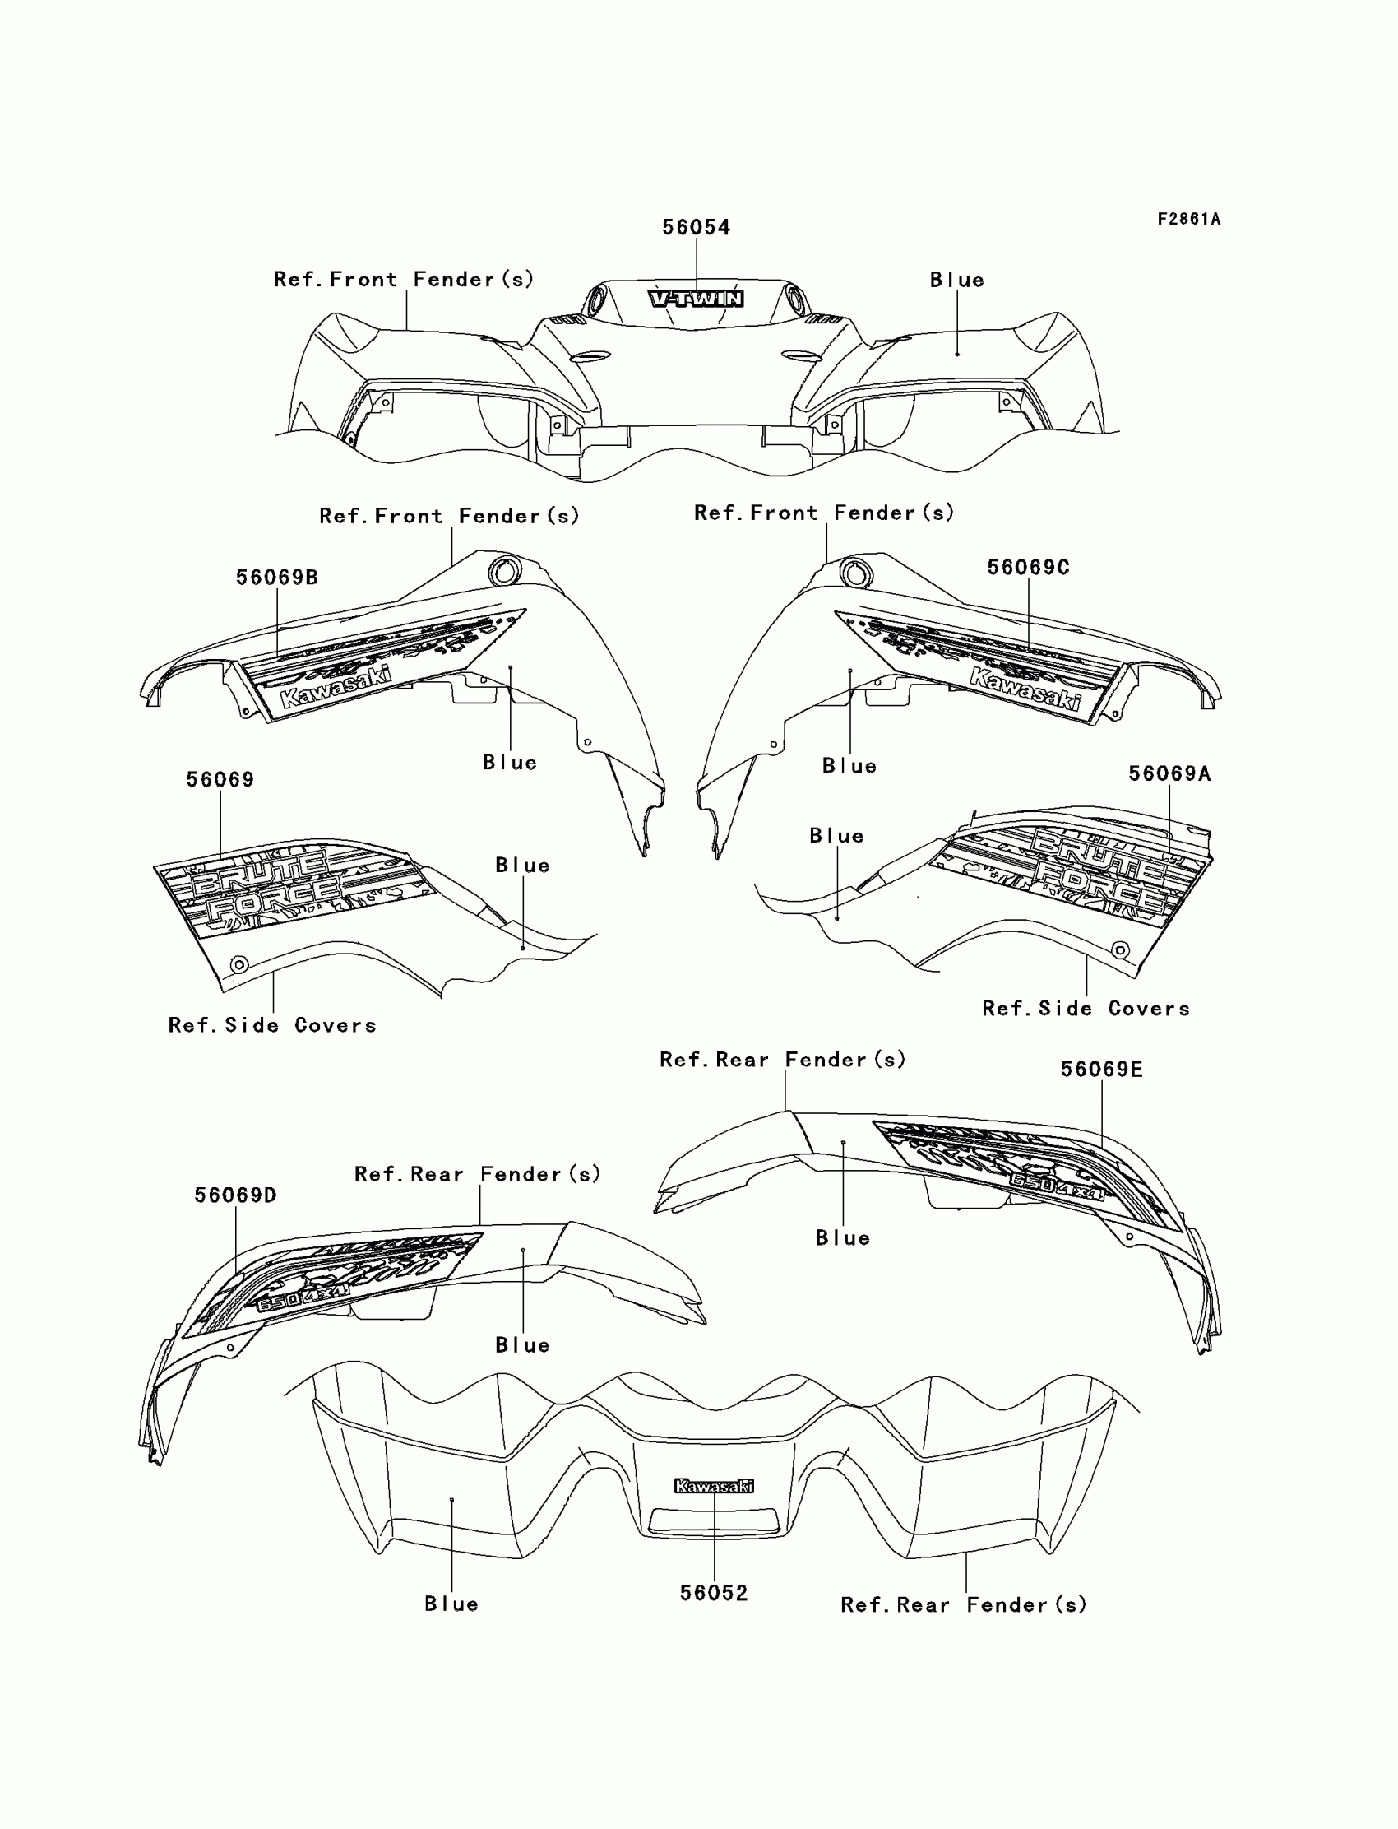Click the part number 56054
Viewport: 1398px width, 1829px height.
(x=696, y=227)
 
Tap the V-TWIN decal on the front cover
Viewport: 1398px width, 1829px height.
(x=697, y=298)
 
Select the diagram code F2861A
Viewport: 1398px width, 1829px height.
(x=1188, y=219)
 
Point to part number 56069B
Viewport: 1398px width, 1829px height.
(x=276, y=577)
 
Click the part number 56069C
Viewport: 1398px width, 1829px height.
(x=1028, y=567)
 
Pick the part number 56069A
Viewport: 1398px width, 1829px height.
(x=1169, y=773)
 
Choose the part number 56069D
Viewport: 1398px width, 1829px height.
(x=235, y=1195)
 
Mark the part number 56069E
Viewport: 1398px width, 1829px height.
(x=1101, y=1070)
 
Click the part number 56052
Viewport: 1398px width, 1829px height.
(x=714, y=1593)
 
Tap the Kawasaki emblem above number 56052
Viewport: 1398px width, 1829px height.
(x=714, y=1486)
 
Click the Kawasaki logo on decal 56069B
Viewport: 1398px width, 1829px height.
(x=336, y=687)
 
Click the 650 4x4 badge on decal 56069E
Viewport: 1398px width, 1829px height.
(x=1057, y=1186)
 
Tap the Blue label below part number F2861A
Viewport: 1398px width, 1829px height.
(x=957, y=280)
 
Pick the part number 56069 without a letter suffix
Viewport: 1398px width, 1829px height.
(x=220, y=780)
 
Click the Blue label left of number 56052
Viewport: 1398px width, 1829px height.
(x=451, y=1604)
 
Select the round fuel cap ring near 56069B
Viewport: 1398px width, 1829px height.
(x=504, y=572)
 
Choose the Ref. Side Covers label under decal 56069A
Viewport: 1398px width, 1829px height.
(x=1086, y=1009)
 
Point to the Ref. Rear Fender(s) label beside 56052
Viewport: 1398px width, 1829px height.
(x=964, y=1605)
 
